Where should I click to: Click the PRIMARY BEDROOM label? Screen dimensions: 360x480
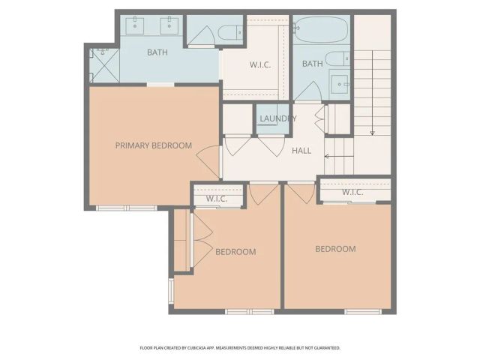153,145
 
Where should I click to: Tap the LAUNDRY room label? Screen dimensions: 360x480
277,118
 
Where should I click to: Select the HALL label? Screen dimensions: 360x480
301,151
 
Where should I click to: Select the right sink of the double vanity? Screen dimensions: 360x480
169,25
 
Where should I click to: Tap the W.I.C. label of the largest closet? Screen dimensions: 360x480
259,64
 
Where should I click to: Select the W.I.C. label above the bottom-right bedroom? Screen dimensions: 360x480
352,193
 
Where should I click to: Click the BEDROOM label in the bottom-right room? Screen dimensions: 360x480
335,249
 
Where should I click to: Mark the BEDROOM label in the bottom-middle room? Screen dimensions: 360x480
235,252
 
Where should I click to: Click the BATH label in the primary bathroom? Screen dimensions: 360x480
157,52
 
